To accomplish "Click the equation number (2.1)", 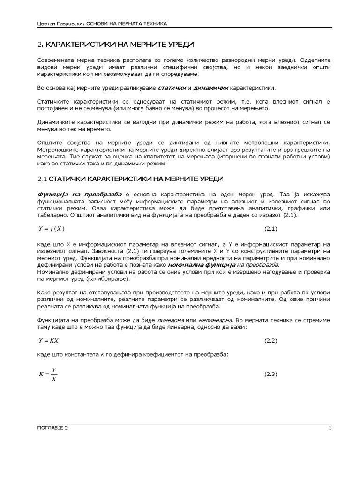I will pos(271,229).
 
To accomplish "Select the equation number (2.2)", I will pos(271,340).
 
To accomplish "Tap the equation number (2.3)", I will pos(271,374).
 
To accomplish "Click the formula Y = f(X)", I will pos(51,229).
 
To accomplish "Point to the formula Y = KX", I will pos(48,340).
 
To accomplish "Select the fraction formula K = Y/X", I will pos(47,374).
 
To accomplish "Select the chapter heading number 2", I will pos(39,45).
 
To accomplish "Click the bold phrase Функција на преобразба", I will pos(80,194).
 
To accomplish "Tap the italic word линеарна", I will pos(171,319).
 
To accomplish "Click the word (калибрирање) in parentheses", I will pos(107,279).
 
